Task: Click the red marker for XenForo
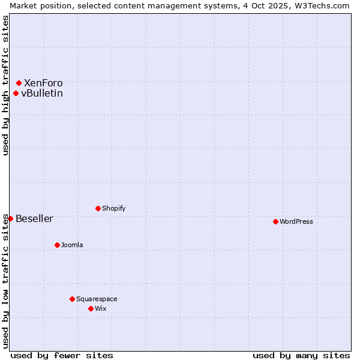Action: pyautogui.click(x=19, y=83)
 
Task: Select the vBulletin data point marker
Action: pyautogui.click(x=16, y=93)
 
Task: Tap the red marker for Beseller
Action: pyautogui.click(x=10, y=218)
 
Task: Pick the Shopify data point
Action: pyautogui.click(x=98, y=208)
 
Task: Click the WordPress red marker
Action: pyautogui.click(x=275, y=221)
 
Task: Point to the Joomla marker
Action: pyautogui.click(x=57, y=245)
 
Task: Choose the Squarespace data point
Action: pyautogui.click(x=72, y=299)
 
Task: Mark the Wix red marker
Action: pyautogui.click(x=91, y=308)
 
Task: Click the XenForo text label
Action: pyautogui.click(x=43, y=83)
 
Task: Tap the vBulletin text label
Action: pyautogui.click(x=42, y=93)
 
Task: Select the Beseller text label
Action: pyautogui.click(x=34, y=218)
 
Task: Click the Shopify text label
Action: pyautogui.click(x=114, y=208)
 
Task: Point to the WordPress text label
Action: pyautogui.click(x=296, y=221)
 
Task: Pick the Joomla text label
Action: pyautogui.click(x=72, y=245)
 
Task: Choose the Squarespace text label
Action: pyautogui.click(x=97, y=299)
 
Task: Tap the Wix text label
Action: pyautogui.click(x=101, y=308)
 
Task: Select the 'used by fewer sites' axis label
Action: pyautogui.click(x=62, y=355)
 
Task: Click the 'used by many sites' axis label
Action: pyautogui.click(x=301, y=355)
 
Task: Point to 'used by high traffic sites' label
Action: pyautogui.click(x=5, y=85)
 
